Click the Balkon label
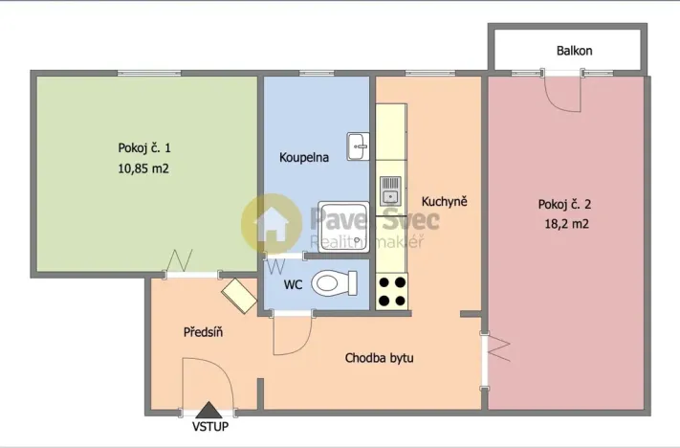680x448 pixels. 575,51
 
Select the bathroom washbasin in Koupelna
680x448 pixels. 357,146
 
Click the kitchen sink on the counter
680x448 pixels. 390,190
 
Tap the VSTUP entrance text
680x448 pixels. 209,427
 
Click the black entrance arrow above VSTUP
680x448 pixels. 209,410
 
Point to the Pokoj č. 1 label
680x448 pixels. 144,148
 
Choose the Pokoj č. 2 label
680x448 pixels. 564,204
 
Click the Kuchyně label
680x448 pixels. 444,202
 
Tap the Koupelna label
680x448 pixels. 304,157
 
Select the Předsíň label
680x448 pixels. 203,332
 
